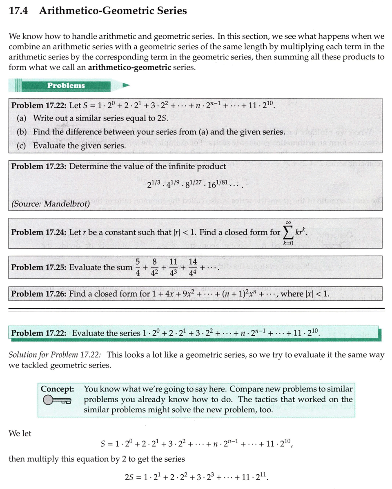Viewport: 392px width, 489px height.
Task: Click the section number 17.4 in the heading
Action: [x=18, y=11]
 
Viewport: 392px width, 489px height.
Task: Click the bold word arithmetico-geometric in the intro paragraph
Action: [x=129, y=67]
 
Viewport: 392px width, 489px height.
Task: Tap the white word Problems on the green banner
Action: [x=66, y=85]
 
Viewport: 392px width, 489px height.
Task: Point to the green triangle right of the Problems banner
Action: [x=126, y=85]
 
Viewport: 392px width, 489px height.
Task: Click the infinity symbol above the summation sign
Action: [x=289, y=222]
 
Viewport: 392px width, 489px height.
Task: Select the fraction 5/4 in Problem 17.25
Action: [x=138, y=268]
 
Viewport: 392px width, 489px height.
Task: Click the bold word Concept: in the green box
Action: [x=58, y=389]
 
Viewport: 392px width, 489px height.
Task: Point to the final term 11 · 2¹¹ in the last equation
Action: [x=255, y=476]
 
